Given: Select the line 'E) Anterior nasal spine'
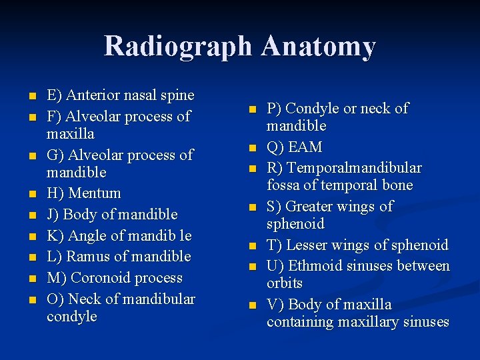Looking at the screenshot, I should pyautogui.click(x=120, y=95).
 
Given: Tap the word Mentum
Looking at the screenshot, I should pyautogui.click(x=95, y=193).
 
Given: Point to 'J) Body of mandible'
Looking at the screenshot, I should pyautogui.click(x=112, y=215).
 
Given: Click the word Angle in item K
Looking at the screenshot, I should pyautogui.click(x=90, y=235).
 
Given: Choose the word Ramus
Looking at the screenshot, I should pyautogui.click(x=90, y=257).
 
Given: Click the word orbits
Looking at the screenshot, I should pyautogui.click(x=285, y=283).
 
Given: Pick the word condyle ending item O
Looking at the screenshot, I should pyautogui.click(x=71, y=317).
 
